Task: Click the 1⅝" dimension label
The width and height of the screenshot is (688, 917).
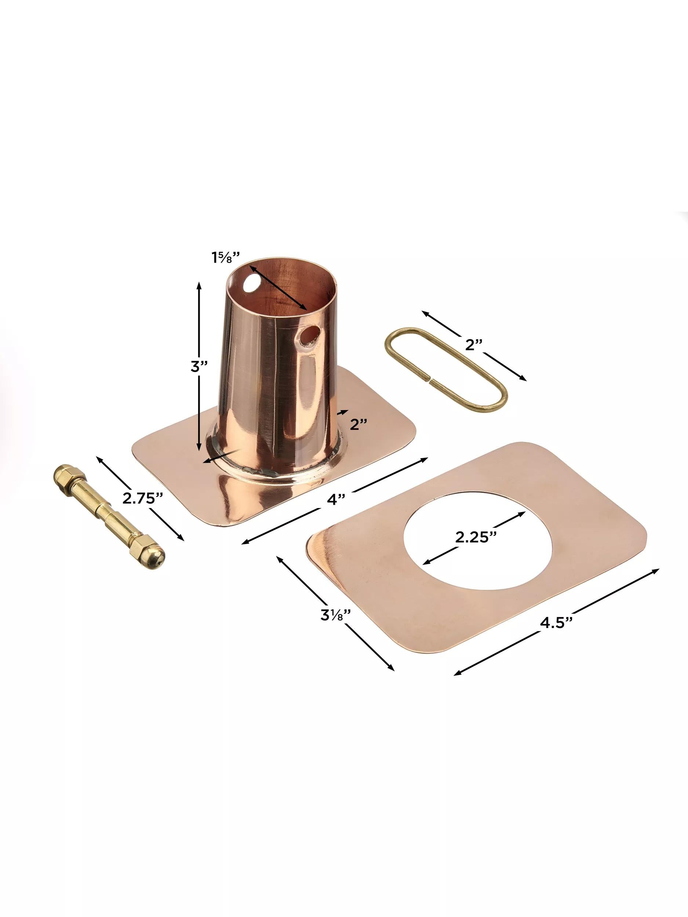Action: point(226,257)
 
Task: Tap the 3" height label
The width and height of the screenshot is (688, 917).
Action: point(199,366)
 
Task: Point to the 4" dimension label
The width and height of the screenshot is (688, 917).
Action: point(336,499)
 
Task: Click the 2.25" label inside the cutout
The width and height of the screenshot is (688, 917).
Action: point(476,537)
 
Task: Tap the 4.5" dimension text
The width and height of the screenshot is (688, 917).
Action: point(557,634)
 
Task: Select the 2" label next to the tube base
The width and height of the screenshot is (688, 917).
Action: point(359,424)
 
